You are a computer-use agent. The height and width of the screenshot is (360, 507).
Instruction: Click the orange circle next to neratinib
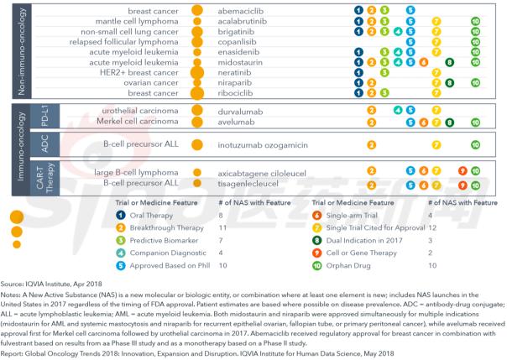[198, 73]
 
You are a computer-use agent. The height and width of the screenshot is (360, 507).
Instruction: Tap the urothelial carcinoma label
[139, 110]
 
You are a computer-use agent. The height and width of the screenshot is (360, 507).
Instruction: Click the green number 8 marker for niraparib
[451, 83]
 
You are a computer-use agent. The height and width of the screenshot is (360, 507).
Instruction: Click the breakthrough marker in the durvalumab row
[371, 110]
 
